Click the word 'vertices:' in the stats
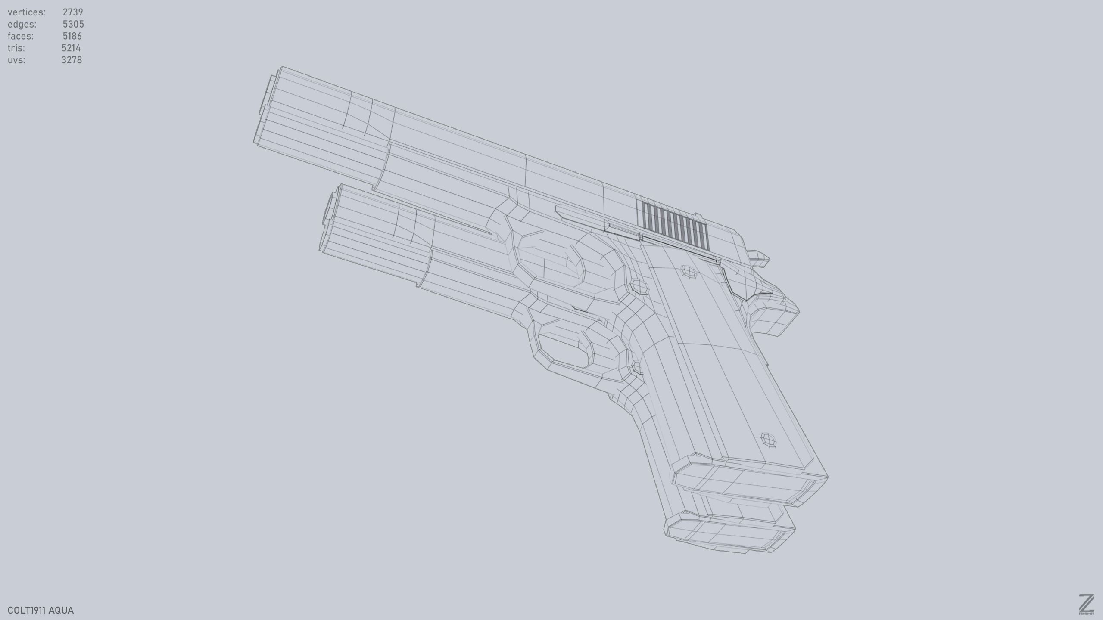(26, 12)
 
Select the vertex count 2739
(72, 12)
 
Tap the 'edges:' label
(22, 24)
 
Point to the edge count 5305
(73, 24)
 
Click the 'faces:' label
(20, 36)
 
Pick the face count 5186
(72, 36)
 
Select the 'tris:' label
(16, 48)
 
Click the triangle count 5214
(71, 48)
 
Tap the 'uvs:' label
(16, 60)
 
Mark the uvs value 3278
(72, 60)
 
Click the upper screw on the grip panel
(689, 272)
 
